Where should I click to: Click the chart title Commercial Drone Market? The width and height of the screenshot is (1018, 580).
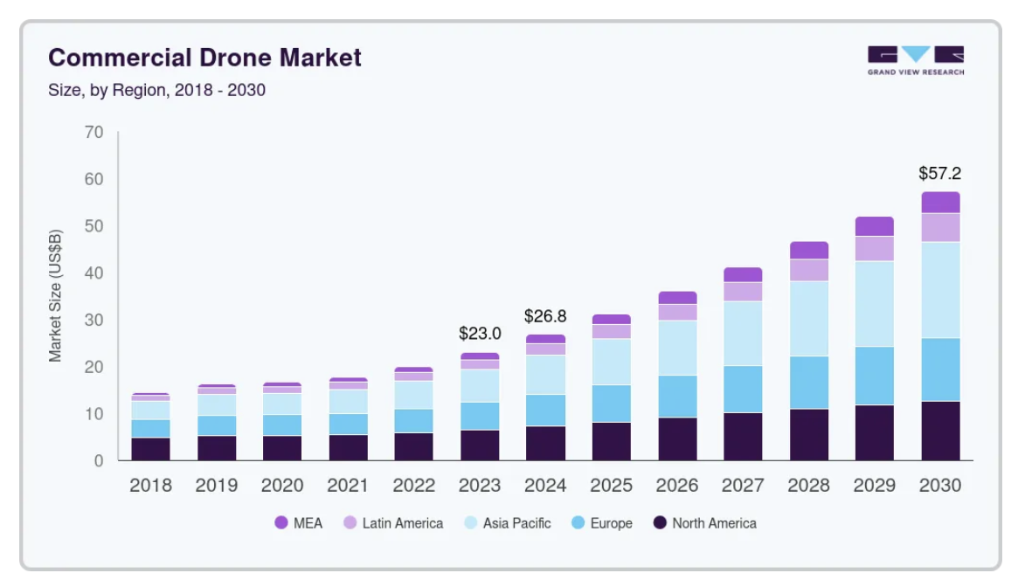(204, 59)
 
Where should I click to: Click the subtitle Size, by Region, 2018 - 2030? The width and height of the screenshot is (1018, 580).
(156, 90)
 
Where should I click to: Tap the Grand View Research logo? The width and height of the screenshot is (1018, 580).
(915, 60)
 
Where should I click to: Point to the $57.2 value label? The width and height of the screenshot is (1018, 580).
(939, 173)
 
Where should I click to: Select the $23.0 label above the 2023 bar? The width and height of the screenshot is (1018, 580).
(480, 334)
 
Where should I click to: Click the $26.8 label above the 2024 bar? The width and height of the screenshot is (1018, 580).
(545, 315)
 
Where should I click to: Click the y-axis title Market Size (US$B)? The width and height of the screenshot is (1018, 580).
(56, 295)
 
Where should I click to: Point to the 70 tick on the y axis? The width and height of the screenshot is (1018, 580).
(93, 133)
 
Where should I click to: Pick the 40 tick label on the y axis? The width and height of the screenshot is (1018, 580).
(93, 273)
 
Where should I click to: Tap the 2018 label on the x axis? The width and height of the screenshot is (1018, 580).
(150, 486)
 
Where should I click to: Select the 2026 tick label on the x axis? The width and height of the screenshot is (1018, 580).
(677, 486)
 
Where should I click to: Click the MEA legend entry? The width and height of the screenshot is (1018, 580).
(298, 523)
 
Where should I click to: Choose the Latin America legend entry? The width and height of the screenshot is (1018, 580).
(392, 523)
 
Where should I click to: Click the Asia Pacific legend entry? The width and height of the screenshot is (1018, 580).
(507, 523)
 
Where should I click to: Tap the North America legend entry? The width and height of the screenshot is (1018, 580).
(704, 523)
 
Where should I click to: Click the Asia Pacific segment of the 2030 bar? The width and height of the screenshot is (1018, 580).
(940, 290)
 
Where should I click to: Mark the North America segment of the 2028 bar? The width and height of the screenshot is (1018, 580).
(808, 434)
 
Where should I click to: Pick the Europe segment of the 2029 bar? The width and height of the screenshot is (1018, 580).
(875, 376)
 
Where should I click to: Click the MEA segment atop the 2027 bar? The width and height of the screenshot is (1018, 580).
(743, 274)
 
